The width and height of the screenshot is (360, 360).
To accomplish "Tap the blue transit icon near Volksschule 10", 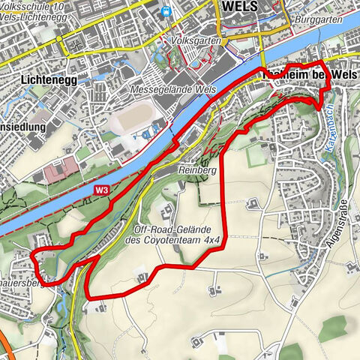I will (165, 11).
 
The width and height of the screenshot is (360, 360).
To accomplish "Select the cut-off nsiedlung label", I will (22, 127).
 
